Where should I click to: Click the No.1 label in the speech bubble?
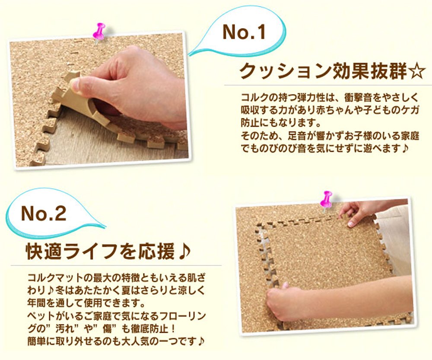tap(244, 32)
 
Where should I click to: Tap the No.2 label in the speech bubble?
tap(44, 213)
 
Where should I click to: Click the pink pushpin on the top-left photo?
tap(99, 32)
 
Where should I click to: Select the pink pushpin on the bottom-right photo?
tap(326, 200)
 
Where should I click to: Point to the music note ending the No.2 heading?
tap(184, 251)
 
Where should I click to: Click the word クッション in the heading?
tap(285, 72)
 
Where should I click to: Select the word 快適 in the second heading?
tap(43, 251)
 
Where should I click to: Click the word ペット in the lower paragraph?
tap(41, 316)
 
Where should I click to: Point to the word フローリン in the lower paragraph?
tap(183, 316)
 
